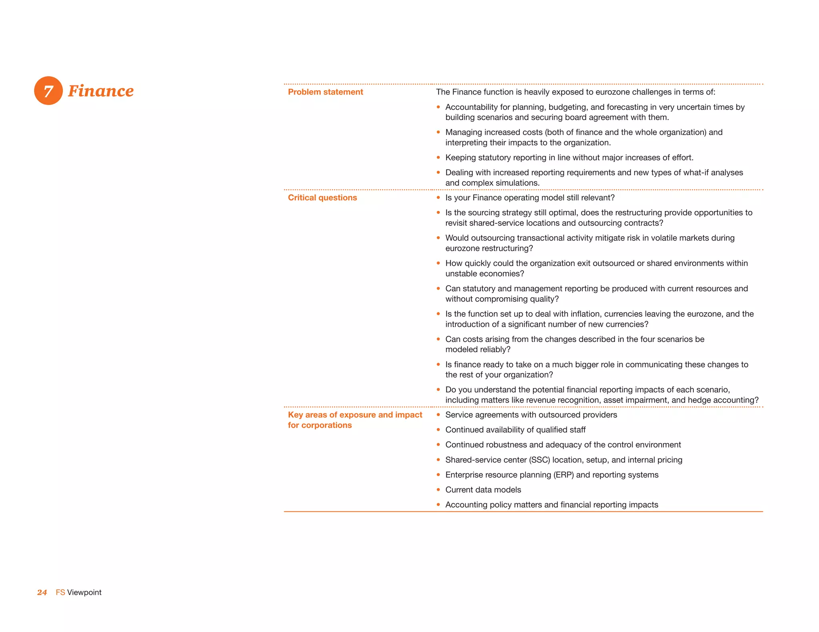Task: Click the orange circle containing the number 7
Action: pyautogui.click(x=48, y=91)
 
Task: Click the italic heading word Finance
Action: pyautogui.click(x=101, y=91)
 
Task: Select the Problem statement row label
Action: pyautogui.click(x=325, y=92)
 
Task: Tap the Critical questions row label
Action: pyautogui.click(x=322, y=198)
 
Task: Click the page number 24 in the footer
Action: pyautogui.click(x=42, y=592)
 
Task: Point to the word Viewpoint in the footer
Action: pyautogui.click(x=84, y=592)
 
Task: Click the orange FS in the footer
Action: pyautogui.click(x=60, y=592)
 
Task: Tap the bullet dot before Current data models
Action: pyautogui.click(x=438, y=490)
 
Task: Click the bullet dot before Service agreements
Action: pyautogui.click(x=438, y=415)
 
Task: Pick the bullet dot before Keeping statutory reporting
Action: pyautogui.click(x=438, y=157)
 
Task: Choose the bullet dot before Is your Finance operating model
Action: pyautogui.click(x=438, y=198)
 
